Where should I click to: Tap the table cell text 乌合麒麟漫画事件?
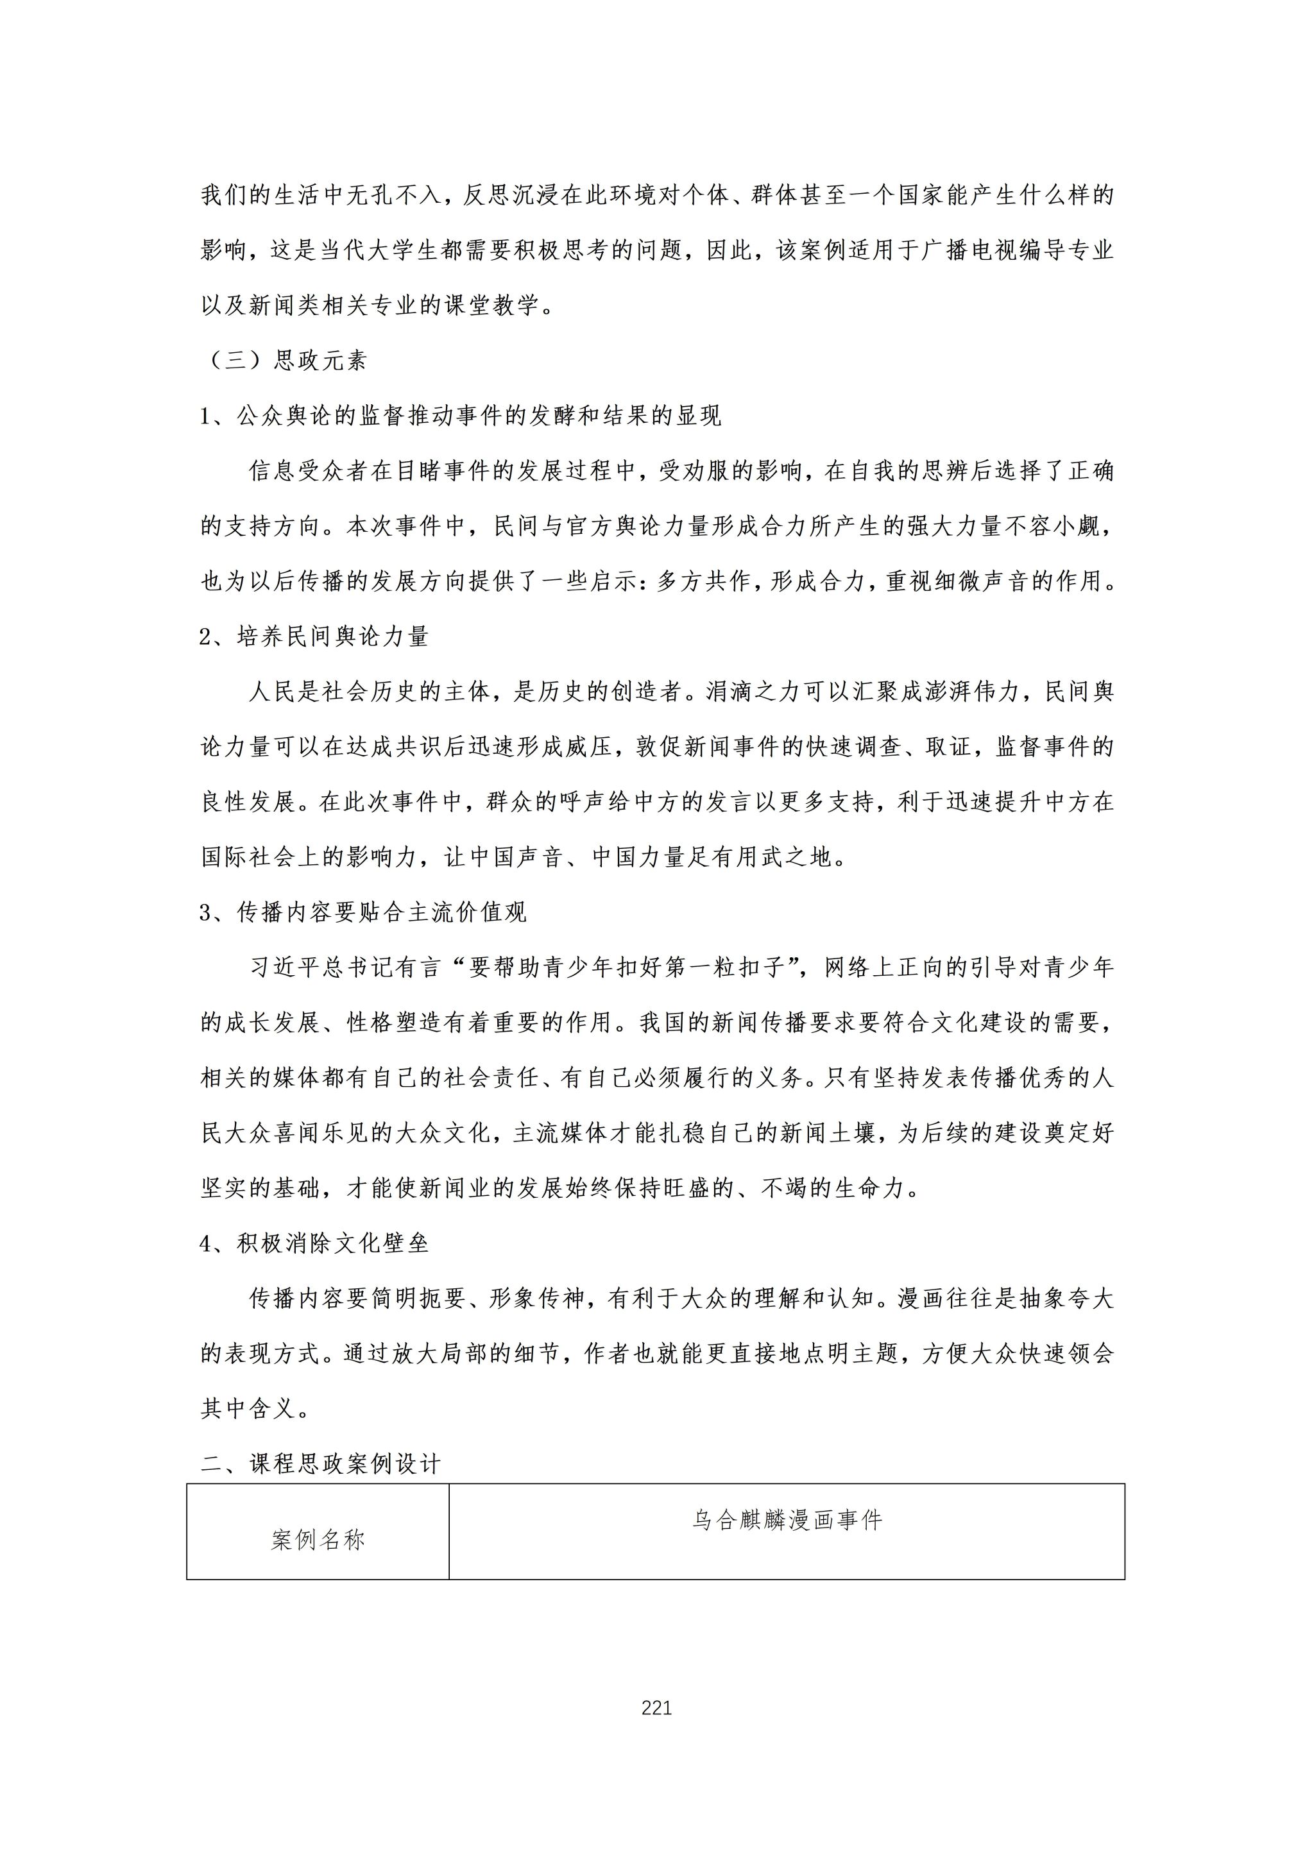pos(787,1521)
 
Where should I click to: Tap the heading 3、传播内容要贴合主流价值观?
pos(363,913)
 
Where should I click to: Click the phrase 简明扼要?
pos(418,1299)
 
